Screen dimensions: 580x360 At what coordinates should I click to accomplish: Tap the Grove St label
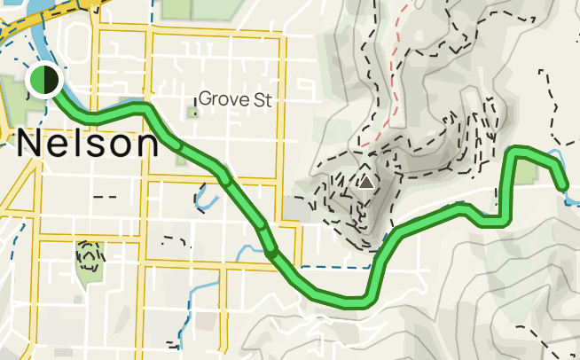pos(234,98)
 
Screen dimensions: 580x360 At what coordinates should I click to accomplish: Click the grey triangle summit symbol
pos(365,182)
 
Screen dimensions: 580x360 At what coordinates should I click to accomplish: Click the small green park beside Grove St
pos(192,112)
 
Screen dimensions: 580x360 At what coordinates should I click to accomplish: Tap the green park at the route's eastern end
pos(530,170)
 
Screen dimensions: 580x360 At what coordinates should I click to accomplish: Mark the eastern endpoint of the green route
pos(563,184)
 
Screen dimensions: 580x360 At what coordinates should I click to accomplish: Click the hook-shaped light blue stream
pos(205,195)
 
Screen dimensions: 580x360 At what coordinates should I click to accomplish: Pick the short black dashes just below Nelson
pos(105,195)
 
